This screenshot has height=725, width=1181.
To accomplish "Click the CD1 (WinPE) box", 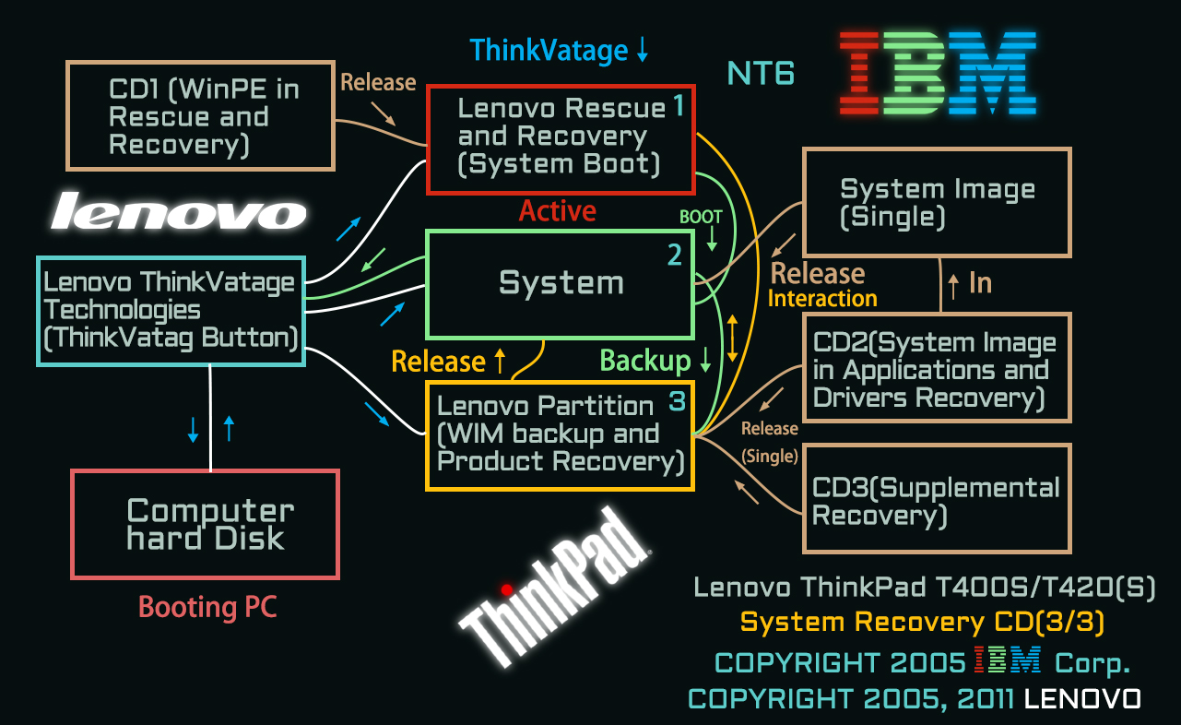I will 200,116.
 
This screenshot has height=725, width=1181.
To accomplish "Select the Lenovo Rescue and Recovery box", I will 560,138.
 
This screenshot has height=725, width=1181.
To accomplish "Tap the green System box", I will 560,283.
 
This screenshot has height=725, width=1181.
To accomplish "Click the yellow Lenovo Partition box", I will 560,434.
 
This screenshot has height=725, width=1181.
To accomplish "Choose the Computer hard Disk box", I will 205,524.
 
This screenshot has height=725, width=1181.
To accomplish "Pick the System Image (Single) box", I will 937,203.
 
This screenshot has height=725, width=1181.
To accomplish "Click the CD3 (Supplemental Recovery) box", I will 937,500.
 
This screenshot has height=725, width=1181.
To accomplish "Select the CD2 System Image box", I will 937,369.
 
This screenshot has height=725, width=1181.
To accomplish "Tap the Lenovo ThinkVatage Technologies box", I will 171,310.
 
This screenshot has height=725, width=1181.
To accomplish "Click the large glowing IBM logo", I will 938,72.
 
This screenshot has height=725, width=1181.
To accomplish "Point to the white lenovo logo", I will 178,213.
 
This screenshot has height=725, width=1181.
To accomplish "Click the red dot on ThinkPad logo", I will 506,588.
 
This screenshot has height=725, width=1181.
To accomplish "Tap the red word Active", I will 557,211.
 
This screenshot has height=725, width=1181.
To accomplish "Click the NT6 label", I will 761,73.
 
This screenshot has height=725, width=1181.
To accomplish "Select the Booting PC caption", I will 207,607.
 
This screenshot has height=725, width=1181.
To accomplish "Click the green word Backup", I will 645,361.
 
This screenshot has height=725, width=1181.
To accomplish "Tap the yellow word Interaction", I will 822,299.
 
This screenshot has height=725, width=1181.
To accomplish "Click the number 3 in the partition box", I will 677,402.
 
